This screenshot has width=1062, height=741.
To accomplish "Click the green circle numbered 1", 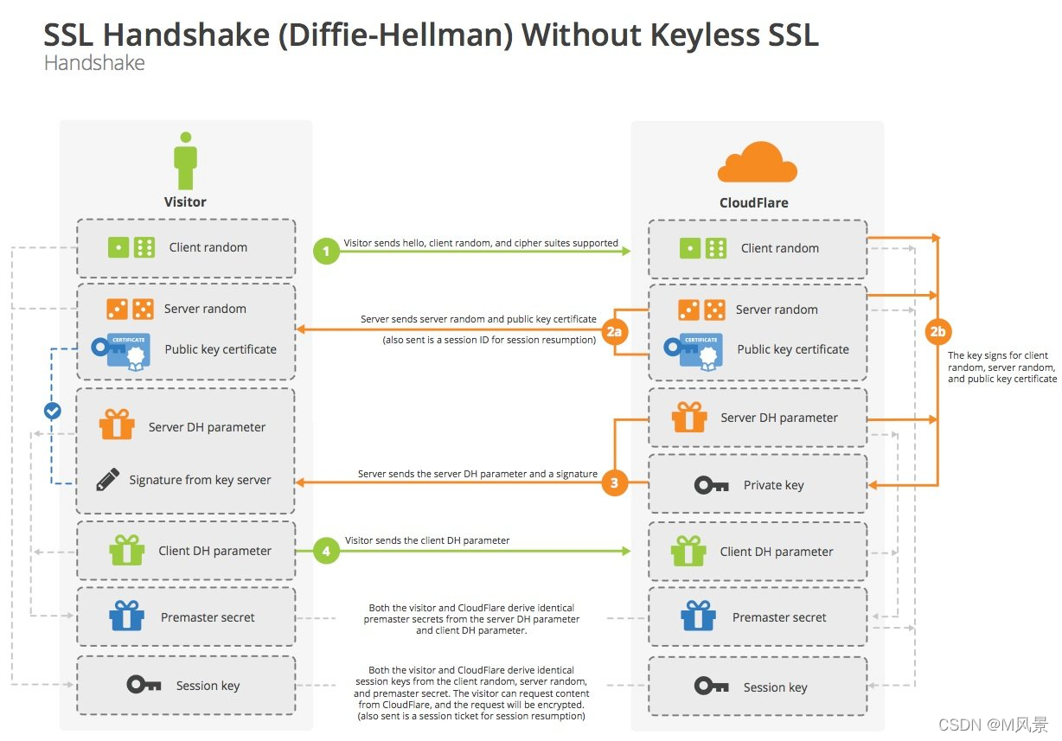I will [326, 252].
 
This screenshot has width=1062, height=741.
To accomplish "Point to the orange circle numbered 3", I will [615, 483].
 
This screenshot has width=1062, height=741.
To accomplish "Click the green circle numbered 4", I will [326, 551].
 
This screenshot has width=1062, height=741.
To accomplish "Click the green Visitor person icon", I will [185, 161].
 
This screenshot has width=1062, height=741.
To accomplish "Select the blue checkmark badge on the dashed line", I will [53, 411].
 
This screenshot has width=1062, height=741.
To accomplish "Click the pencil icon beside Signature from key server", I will [107, 480].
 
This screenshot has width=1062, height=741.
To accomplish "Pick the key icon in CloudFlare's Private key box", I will [712, 485].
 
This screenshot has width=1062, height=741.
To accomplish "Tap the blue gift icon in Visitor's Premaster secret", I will [126, 616].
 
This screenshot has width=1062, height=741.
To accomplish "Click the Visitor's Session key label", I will [208, 686].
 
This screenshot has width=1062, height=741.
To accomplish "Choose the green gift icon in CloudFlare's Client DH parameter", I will [688, 551].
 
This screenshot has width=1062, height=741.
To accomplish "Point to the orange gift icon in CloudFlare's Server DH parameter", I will [689, 418].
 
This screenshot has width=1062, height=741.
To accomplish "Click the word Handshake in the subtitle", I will [94, 63].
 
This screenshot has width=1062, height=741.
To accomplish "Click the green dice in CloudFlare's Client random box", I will [702, 248].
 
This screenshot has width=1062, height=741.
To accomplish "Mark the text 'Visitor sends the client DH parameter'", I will [427, 540].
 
